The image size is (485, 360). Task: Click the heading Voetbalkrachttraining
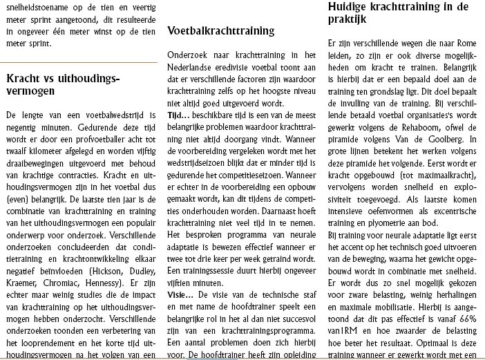[220, 31]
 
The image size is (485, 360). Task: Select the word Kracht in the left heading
[23, 78]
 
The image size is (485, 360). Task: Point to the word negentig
[23, 123]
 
